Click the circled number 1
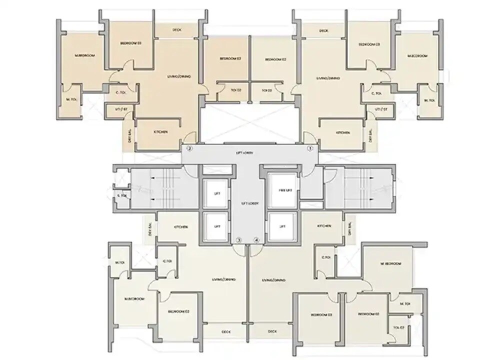coord(309,148)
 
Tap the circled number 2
coord(189,148)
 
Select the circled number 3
coord(239,240)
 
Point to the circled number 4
coord(257,240)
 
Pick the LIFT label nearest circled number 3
coord(217,226)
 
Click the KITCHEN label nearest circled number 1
coord(342,132)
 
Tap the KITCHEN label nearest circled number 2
coord(160,132)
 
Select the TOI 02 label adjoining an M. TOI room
coord(398,328)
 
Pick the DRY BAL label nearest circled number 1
coord(370,136)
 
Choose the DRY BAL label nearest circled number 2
coord(130,135)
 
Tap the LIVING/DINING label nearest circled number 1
coord(328,78)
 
